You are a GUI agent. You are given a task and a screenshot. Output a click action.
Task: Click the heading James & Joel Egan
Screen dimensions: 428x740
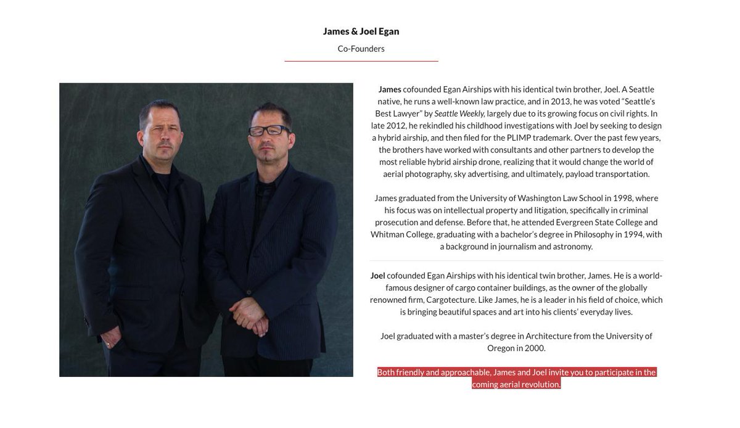point(361,31)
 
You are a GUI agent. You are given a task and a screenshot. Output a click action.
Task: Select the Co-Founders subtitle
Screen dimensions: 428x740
point(361,49)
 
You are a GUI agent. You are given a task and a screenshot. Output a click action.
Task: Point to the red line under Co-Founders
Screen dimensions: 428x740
point(361,61)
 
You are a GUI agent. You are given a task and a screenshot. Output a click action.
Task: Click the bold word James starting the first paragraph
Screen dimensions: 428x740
point(390,89)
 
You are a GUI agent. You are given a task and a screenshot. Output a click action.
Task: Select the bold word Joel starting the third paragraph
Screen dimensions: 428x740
point(377,276)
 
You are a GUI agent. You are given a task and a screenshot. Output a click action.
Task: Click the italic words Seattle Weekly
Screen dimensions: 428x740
point(459,113)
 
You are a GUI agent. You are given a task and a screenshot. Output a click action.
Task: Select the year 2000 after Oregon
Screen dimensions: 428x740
point(535,348)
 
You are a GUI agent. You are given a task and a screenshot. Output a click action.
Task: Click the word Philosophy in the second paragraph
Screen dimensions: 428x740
point(593,234)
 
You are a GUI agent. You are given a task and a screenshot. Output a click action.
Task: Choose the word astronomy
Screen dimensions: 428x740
point(573,246)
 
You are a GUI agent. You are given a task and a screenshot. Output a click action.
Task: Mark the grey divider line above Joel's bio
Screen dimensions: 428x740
point(517,261)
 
